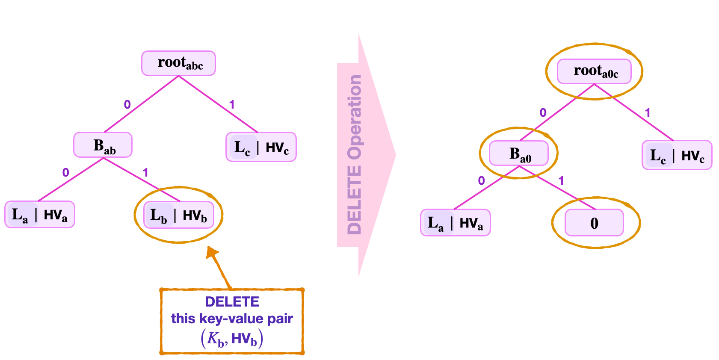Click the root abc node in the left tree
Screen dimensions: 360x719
(x=178, y=63)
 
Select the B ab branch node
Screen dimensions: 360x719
(x=103, y=145)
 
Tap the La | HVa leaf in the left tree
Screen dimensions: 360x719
(x=40, y=215)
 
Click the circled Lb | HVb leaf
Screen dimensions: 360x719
(x=178, y=215)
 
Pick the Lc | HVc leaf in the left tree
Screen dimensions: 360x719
(x=261, y=147)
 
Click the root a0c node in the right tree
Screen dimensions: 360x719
(x=594, y=71)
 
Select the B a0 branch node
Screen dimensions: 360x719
(x=518, y=153)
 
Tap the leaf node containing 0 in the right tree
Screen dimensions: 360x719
(x=594, y=223)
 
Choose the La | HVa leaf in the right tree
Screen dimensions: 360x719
(x=456, y=223)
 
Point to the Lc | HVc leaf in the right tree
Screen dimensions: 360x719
(x=677, y=155)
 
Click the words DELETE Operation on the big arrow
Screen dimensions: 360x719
(x=355, y=155)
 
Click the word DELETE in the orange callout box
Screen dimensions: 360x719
(x=232, y=302)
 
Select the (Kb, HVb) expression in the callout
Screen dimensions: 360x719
(x=232, y=339)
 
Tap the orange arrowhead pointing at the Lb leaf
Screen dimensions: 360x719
(x=211, y=253)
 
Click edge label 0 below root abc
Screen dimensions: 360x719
(x=127, y=104)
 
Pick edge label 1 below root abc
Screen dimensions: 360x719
(x=231, y=104)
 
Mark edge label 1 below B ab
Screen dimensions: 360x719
(x=145, y=173)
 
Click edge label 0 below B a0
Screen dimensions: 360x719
(x=481, y=181)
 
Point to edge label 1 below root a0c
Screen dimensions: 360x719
(x=648, y=112)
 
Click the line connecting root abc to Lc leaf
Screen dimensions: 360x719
(x=218, y=104)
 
